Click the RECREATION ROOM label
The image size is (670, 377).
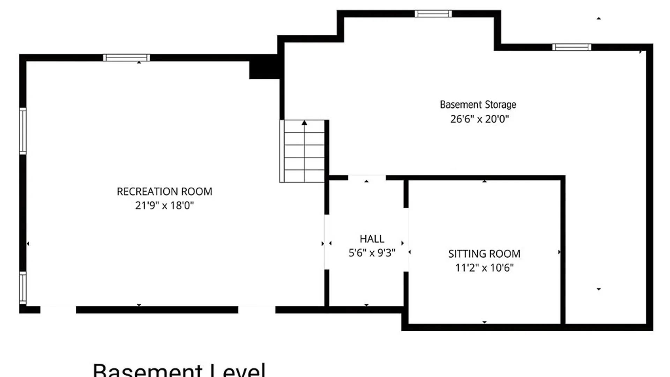point(164,192)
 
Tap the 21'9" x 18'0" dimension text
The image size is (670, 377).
point(164,206)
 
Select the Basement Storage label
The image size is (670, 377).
point(478,105)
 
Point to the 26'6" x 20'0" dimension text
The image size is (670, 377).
point(479,119)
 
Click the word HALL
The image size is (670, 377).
point(372,239)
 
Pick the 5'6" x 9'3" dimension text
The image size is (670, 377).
point(372,253)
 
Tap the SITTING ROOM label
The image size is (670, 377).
point(484,254)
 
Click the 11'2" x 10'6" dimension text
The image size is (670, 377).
point(484,268)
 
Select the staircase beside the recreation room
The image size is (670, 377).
point(302,151)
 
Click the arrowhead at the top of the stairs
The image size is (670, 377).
point(304,123)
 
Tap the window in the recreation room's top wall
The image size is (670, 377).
point(126,58)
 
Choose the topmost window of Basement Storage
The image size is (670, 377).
point(433,14)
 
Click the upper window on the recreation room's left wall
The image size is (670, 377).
point(23,131)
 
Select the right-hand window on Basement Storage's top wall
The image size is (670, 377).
point(572,47)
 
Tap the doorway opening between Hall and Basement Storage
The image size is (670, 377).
point(367,178)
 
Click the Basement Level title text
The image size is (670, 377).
point(179,370)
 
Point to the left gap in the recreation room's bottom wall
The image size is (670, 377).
point(58,310)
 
